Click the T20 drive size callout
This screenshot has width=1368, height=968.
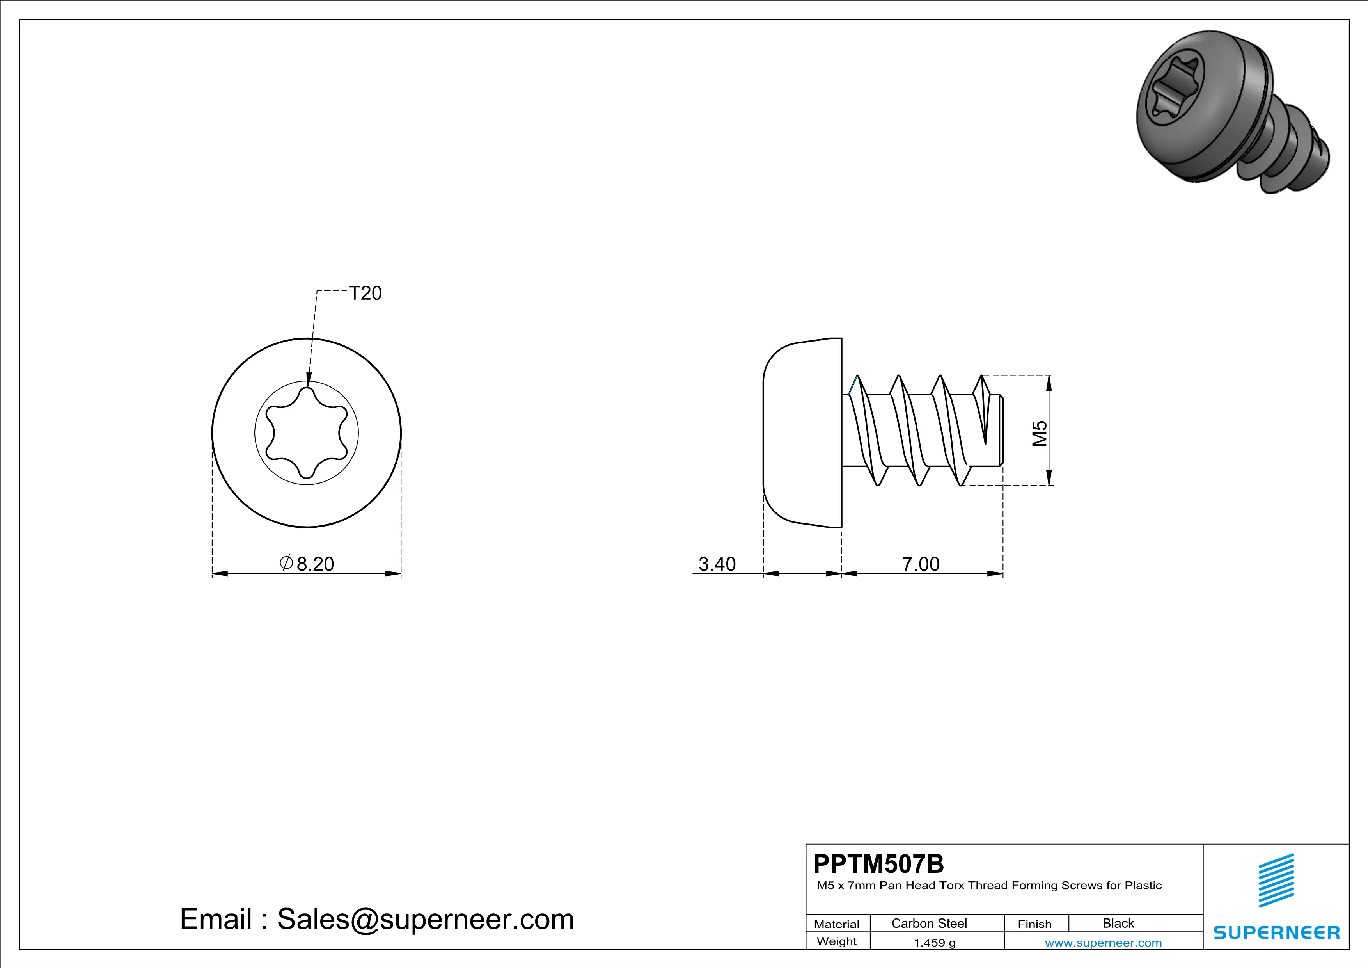pos(365,293)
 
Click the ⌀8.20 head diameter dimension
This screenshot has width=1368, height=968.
pos(307,563)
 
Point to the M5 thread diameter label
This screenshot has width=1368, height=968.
pos(1040,433)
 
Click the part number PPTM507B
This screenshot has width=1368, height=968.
pos(878,864)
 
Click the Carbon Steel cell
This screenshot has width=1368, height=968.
pos(929,923)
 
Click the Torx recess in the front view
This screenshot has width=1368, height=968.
pos(306,433)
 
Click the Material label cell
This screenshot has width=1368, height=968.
pos(837,924)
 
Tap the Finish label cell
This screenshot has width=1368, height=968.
pos(1034,924)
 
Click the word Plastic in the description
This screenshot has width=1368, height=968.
pos(1143,886)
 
